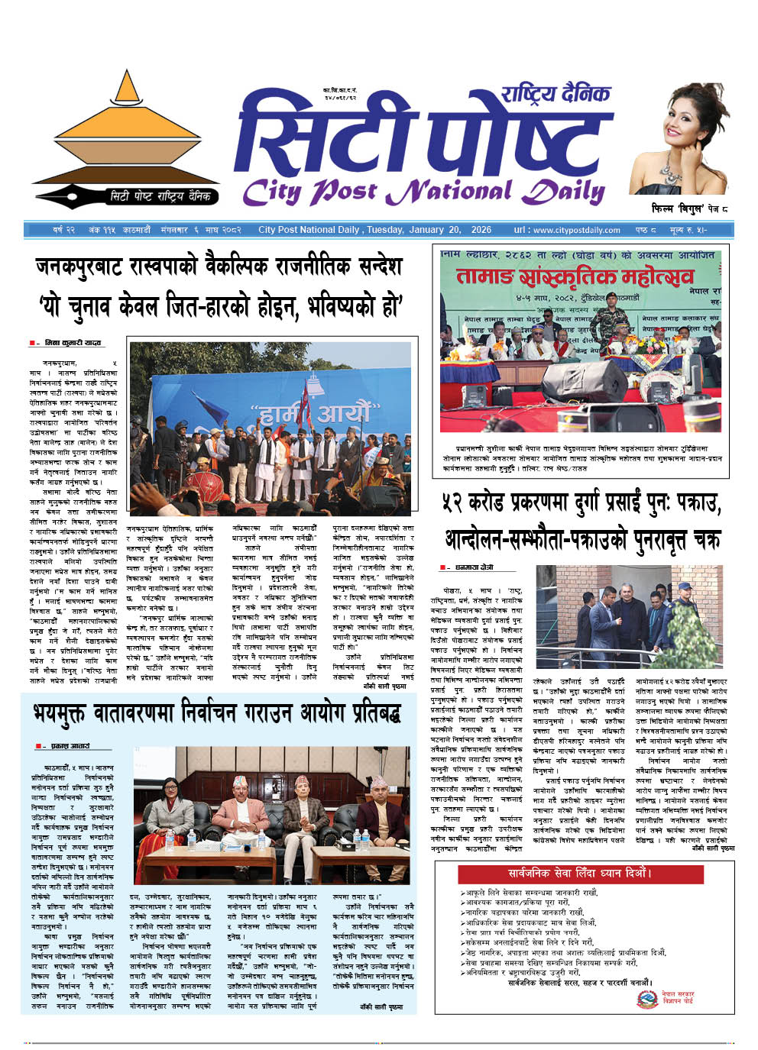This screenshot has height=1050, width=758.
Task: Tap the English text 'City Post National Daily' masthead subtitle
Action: (x=423, y=191)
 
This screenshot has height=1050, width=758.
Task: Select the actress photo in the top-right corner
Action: (x=679, y=137)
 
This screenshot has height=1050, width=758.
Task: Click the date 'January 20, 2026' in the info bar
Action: (x=444, y=230)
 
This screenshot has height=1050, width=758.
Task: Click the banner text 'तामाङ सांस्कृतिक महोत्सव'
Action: (x=575, y=276)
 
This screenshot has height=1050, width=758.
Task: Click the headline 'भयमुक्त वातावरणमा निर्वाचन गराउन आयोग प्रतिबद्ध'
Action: (x=217, y=714)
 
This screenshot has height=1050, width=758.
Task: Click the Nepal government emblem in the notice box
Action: (x=647, y=999)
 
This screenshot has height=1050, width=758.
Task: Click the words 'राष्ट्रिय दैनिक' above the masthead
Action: (x=556, y=94)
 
